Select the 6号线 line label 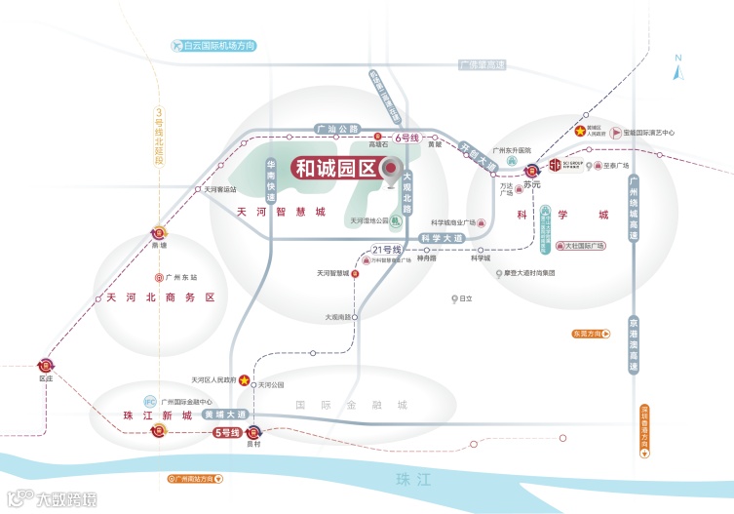[407, 138]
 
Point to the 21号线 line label [388, 251]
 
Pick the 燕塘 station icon [160, 234]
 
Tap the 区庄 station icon [45, 363]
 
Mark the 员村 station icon [254, 432]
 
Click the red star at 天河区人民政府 [246, 380]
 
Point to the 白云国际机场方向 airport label [212, 46]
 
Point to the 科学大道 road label [442, 237]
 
